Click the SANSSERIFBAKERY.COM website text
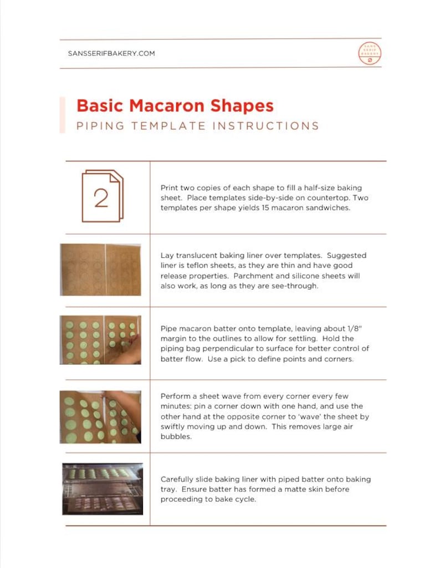click(x=111, y=54)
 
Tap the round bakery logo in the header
click(x=370, y=54)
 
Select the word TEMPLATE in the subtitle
click(x=163, y=126)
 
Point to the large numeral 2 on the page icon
click(x=101, y=198)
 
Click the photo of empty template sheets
click(x=100, y=270)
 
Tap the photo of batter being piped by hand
click(x=100, y=339)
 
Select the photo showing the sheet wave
click(x=100, y=417)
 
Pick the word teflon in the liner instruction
click(x=194, y=266)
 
